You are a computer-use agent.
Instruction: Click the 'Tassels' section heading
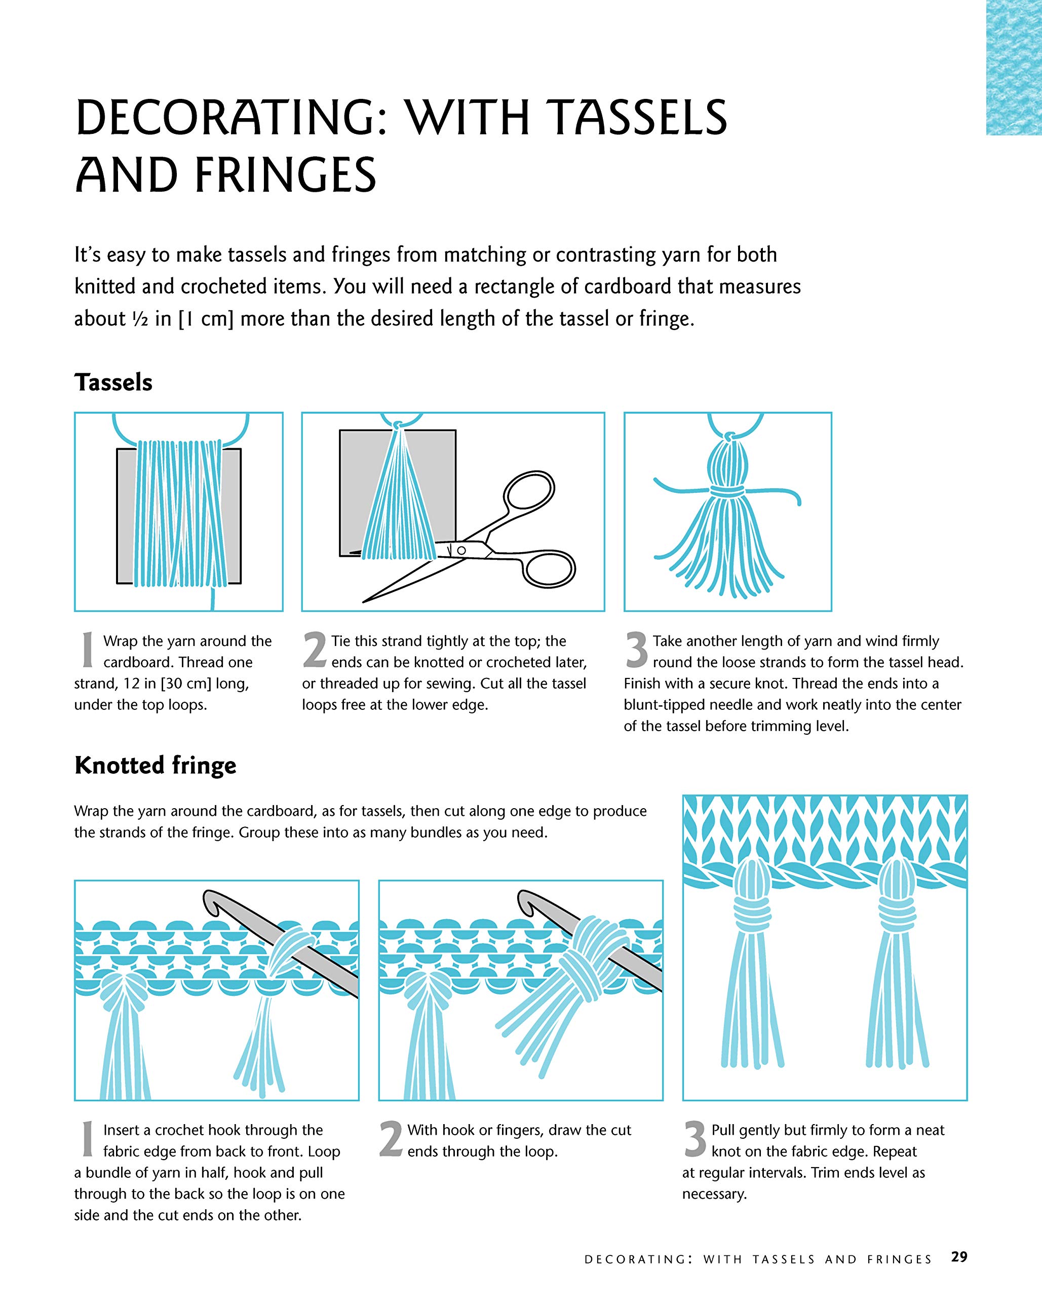tap(113, 382)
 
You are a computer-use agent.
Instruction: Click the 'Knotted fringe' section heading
tap(155, 765)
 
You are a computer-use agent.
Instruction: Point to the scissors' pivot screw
tap(461, 550)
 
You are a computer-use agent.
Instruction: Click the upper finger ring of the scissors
tap(529, 491)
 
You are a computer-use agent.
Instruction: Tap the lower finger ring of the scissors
tap(549, 568)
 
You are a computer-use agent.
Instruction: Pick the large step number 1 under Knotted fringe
tap(88, 1139)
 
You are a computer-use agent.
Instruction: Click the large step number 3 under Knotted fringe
tap(696, 1139)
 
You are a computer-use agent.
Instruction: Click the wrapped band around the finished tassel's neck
tap(728, 491)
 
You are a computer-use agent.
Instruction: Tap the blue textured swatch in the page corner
tap(1014, 67)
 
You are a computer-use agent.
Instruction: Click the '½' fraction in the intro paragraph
tap(140, 319)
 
